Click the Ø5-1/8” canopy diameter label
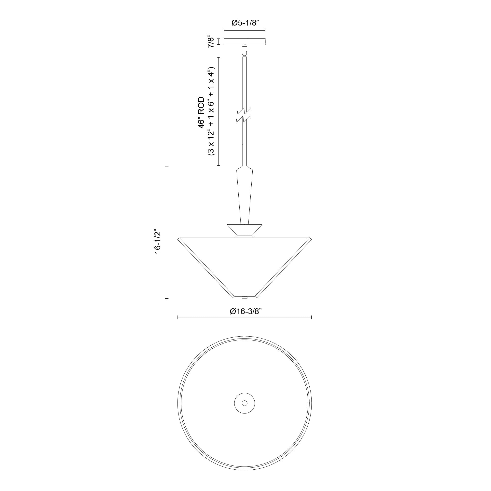pyautogui.click(x=245, y=23)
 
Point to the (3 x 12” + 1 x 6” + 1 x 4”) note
pyautogui.click(x=211, y=111)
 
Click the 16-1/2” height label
pyautogui.click(x=158, y=242)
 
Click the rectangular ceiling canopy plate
pyautogui.click(x=245, y=42)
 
